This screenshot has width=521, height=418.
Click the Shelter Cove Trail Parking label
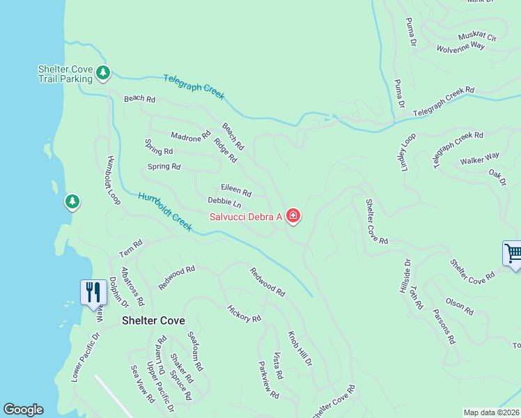(x=65, y=73)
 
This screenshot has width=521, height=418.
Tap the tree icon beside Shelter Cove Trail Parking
(x=103, y=72)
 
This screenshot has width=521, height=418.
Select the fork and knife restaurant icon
(x=93, y=291)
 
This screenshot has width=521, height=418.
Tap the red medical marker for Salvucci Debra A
(x=293, y=217)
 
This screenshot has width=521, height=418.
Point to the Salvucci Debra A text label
(x=246, y=217)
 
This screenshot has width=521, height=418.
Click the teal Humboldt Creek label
(x=165, y=211)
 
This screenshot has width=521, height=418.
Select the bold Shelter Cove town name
(x=153, y=320)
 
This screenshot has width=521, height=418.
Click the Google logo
(x=23, y=410)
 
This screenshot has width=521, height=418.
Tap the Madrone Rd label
(x=190, y=134)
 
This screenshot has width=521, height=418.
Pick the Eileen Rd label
(x=235, y=189)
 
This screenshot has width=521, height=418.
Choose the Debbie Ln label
(x=224, y=203)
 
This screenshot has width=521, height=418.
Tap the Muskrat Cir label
(x=477, y=36)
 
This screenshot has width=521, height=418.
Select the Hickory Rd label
(x=244, y=313)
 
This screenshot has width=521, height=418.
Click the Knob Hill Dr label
(x=300, y=349)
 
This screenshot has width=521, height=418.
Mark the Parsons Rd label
(x=444, y=327)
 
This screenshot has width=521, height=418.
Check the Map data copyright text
(x=490, y=412)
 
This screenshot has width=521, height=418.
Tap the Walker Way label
(x=479, y=160)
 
